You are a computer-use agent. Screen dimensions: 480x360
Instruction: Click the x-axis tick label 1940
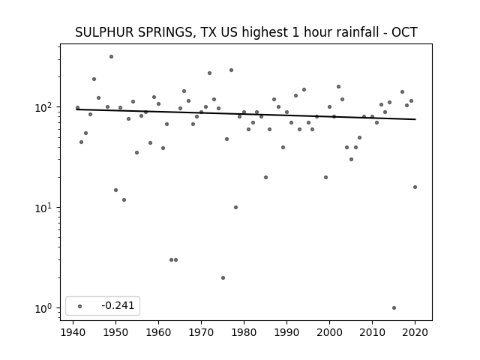click(x=73, y=332)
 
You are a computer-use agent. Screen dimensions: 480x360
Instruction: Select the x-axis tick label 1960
click(x=158, y=332)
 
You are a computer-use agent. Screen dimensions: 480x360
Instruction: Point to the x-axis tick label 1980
click(x=244, y=332)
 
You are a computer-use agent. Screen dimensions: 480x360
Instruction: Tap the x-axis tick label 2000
click(x=329, y=332)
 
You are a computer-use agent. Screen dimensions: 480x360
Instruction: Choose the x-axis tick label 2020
click(x=415, y=332)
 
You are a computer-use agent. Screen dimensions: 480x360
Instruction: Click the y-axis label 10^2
click(x=45, y=107)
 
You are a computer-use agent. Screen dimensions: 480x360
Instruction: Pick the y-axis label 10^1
click(x=45, y=208)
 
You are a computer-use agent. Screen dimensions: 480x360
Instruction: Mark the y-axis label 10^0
click(x=45, y=308)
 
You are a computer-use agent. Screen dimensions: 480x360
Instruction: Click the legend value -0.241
click(x=118, y=305)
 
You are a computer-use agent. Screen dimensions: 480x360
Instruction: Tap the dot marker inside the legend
click(x=80, y=306)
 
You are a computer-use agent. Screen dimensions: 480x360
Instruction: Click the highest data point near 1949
click(x=112, y=57)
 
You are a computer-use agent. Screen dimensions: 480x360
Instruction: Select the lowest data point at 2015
click(x=394, y=308)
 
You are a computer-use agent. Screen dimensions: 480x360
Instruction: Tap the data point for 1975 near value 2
click(x=223, y=278)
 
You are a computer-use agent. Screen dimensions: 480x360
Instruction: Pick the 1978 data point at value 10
click(x=235, y=207)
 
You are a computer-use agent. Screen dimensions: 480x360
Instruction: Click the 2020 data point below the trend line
click(x=415, y=187)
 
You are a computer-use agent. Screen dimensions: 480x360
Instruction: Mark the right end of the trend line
click(x=415, y=119)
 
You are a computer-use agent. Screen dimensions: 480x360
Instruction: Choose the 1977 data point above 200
click(x=232, y=70)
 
